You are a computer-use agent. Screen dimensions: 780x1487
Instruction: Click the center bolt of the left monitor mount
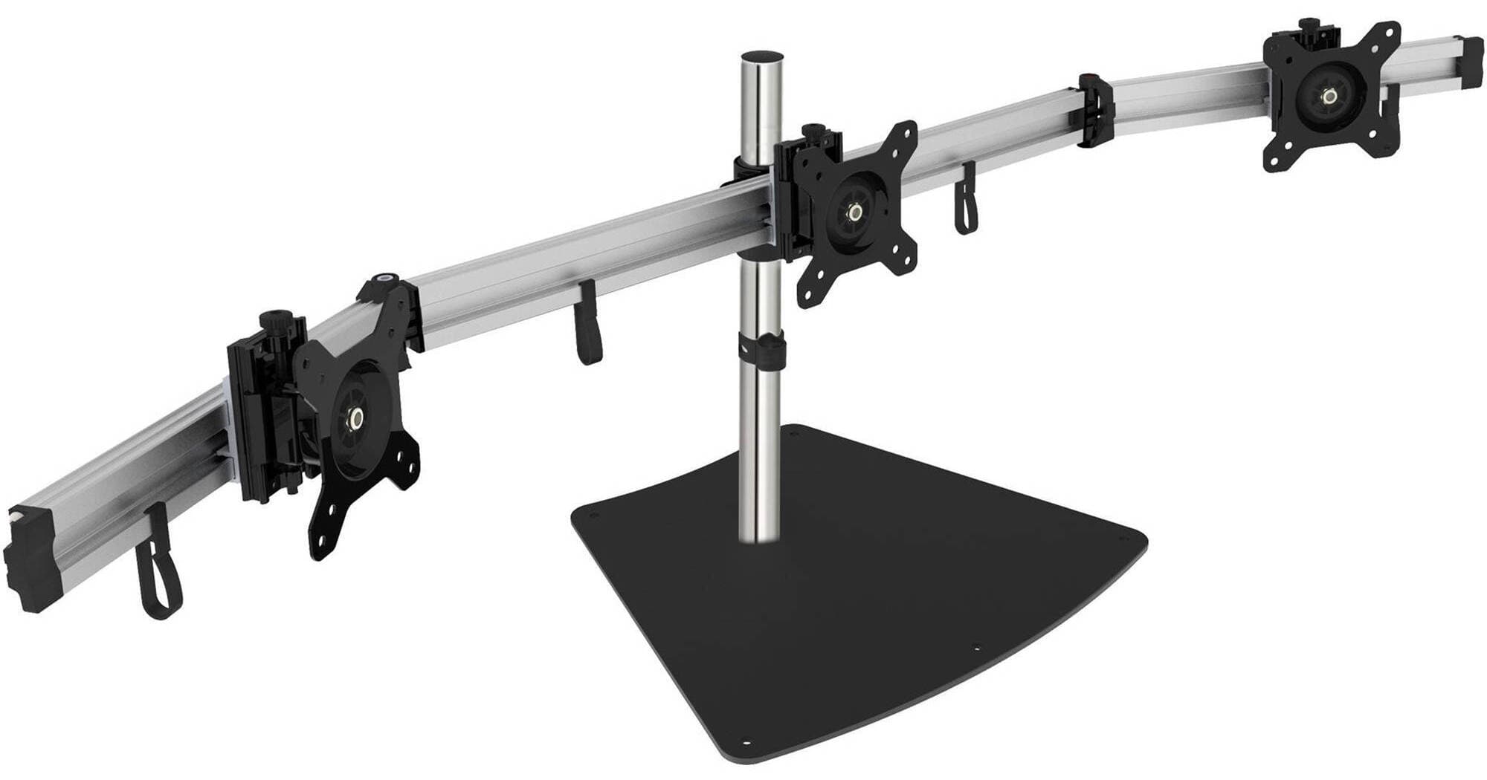(x=358, y=419)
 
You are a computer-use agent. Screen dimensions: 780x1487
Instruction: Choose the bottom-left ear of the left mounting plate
(x=323, y=540)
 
